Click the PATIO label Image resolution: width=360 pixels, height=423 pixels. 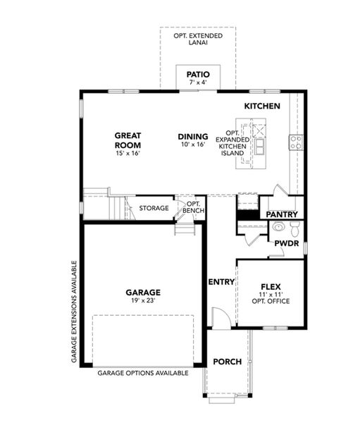[x=197, y=74]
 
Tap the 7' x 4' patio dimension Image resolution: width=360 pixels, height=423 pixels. [x=197, y=83]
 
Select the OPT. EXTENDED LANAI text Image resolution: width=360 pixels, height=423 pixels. [x=197, y=38]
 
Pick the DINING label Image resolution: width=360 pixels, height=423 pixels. [x=192, y=137]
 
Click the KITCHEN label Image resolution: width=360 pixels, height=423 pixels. [x=262, y=106]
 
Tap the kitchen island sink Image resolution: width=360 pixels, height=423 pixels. [x=260, y=146]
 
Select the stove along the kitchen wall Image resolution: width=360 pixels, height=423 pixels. [x=296, y=142]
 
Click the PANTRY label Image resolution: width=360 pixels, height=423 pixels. [x=282, y=214]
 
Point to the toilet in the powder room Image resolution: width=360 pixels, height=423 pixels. [x=294, y=227]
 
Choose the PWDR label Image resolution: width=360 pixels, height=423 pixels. [x=287, y=243]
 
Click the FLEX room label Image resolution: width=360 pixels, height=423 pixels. [x=271, y=287]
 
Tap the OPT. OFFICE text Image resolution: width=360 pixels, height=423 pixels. [x=271, y=302]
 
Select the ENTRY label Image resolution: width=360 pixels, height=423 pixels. [x=221, y=282]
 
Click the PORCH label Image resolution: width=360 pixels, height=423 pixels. [x=227, y=362]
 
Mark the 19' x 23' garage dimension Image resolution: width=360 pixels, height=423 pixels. [x=144, y=301]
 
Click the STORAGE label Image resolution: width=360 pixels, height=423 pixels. [x=154, y=208]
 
